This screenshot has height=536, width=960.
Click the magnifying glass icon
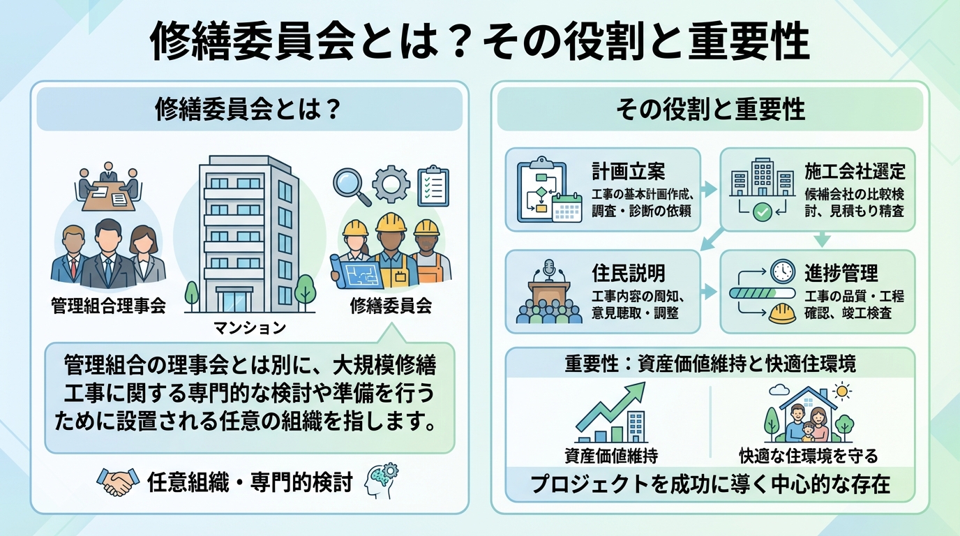point(351,184)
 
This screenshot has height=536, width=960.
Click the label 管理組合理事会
point(108,305)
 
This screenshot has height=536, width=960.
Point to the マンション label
point(250,327)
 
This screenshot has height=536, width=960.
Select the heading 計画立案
point(628,172)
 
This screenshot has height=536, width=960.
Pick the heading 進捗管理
point(841,273)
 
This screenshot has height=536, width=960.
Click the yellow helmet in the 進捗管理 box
point(782,313)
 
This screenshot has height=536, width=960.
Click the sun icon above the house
point(842,392)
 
